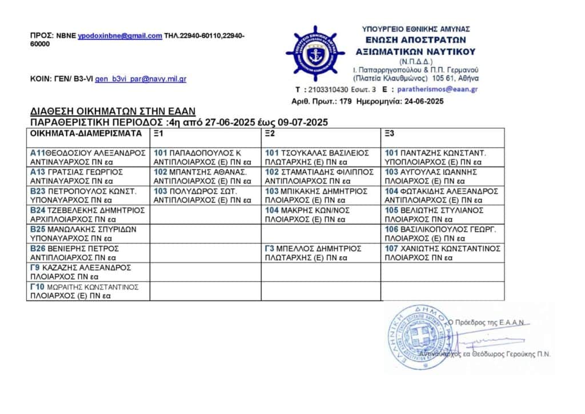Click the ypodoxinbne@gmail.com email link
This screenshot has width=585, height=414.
pos(120,35)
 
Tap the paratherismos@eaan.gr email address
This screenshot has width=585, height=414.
pos(438,89)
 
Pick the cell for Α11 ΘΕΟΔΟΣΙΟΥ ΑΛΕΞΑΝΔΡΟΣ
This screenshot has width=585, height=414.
pos(88,157)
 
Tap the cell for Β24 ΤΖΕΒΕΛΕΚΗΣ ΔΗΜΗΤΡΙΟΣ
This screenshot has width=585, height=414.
pos(88,214)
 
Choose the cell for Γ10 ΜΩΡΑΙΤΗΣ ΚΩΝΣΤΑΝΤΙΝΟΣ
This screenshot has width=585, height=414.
pos(88,291)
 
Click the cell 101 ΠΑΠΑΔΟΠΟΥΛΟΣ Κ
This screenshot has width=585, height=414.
pos(206,157)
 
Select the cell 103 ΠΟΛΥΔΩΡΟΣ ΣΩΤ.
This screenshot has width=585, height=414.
pos(206,195)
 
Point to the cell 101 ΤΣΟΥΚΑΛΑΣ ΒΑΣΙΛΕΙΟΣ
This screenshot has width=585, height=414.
pos(322,157)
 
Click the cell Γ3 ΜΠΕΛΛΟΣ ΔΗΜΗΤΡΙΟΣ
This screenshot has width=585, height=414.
pos(322,253)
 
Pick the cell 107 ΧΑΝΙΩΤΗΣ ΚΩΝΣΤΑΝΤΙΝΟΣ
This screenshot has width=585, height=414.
pos(443,253)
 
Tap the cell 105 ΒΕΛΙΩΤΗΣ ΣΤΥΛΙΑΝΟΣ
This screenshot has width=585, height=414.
pos(443,214)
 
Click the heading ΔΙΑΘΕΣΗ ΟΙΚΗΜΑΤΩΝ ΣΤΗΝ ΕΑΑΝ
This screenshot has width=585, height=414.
pos(113,112)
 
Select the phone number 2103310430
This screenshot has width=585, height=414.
pos(327,90)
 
